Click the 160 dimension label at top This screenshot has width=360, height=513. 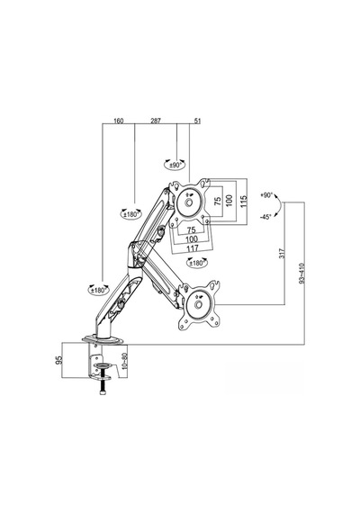tap(119, 121)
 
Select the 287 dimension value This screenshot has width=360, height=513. tap(156, 121)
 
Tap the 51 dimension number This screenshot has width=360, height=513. tap(197, 121)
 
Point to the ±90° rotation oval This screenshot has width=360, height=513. tap(175, 165)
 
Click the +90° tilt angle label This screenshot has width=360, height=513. tap(266, 195)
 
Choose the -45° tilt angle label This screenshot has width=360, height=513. tap(266, 217)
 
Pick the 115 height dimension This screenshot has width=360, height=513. tap(243, 200)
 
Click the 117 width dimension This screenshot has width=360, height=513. tap(192, 248)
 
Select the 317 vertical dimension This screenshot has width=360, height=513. tap(283, 253)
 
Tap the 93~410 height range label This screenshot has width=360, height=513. tap(301, 274)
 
